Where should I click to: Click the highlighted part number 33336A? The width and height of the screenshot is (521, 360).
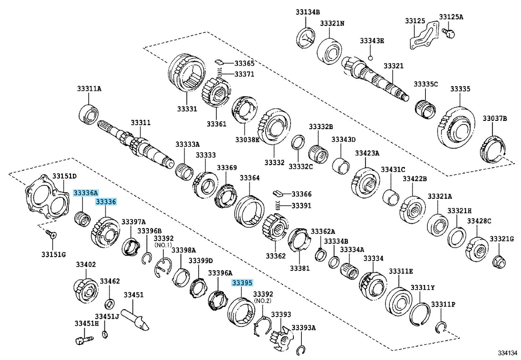(x=85, y=193)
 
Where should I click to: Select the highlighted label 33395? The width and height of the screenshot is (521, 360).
(x=242, y=283)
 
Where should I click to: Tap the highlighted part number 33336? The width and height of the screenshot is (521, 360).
(x=106, y=202)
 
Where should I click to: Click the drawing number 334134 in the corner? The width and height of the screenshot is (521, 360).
(x=508, y=353)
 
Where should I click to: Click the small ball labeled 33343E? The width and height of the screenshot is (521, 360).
(x=370, y=58)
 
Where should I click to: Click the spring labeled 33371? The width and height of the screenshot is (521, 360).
(x=220, y=75)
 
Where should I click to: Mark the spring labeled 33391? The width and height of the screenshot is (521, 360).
(x=278, y=206)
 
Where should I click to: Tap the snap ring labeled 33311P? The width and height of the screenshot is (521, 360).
(x=441, y=327)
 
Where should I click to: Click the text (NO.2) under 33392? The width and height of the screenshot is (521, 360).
(x=262, y=300)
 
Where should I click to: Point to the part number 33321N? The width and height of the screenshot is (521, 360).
(x=332, y=23)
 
